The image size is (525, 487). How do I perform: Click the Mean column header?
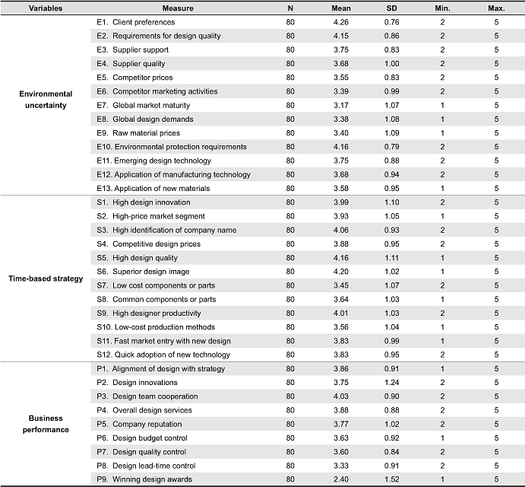click(341, 8)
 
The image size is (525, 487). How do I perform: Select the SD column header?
click(391, 8)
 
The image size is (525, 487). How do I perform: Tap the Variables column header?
click(46, 8)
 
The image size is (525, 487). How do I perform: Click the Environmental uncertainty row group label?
click(46, 100)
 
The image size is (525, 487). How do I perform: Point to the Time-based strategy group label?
click(46, 279)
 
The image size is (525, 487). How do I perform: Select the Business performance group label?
click(46, 424)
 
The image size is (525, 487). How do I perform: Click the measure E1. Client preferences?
click(135, 22)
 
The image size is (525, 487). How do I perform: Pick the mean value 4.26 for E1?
click(341, 22)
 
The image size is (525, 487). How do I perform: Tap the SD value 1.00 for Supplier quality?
click(391, 64)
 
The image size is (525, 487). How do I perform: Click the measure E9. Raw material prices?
click(138, 133)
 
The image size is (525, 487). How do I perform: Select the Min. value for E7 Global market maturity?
click(442, 105)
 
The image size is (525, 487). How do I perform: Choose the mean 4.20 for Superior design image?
click(341, 272)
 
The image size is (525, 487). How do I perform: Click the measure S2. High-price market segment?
click(150, 216)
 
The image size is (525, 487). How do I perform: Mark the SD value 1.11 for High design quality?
click(391, 258)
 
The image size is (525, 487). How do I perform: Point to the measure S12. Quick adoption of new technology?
click(163, 355)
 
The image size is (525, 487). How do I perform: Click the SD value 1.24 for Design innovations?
click(391, 383)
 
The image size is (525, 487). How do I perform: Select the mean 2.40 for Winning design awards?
click(341, 479)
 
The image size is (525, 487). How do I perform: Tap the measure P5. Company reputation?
click(139, 425)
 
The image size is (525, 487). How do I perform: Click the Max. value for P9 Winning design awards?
click(496, 479)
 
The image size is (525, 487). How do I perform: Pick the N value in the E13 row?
click(290, 189)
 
